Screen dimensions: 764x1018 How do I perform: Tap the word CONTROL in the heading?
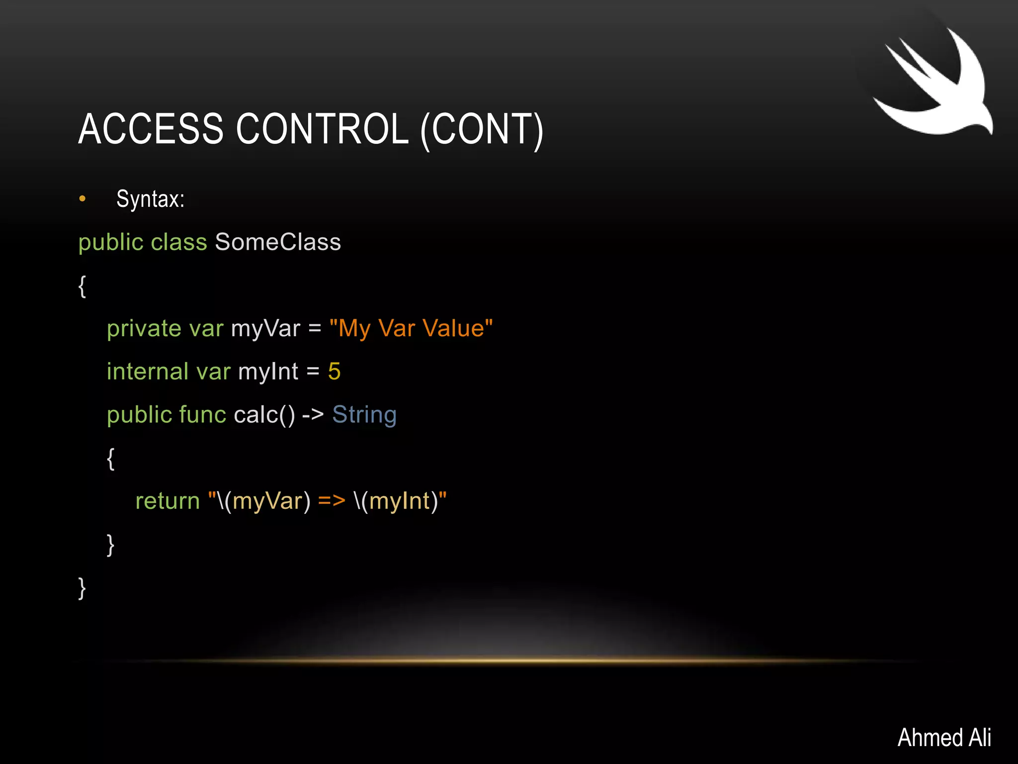(x=322, y=129)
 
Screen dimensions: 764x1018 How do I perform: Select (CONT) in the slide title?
(x=482, y=130)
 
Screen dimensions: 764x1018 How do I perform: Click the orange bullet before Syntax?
(x=83, y=199)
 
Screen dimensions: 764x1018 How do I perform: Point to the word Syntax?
(x=150, y=199)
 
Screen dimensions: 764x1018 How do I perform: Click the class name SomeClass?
(x=278, y=242)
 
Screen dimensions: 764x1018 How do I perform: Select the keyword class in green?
(x=178, y=242)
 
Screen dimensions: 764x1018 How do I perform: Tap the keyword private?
(x=144, y=329)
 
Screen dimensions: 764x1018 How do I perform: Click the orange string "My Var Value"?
(x=411, y=328)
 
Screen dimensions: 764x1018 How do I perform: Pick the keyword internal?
(x=147, y=372)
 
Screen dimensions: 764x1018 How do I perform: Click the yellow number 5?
(x=334, y=372)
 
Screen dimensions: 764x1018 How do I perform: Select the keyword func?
(x=202, y=415)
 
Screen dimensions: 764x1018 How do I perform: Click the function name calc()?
(x=264, y=415)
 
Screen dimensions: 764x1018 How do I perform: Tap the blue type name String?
(x=364, y=415)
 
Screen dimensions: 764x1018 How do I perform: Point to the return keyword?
(x=168, y=501)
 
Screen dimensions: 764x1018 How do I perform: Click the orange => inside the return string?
(x=332, y=501)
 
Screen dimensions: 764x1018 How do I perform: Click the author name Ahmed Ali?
(x=944, y=737)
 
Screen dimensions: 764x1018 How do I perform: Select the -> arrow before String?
(x=313, y=415)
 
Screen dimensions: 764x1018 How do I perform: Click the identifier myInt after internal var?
(x=268, y=372)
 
